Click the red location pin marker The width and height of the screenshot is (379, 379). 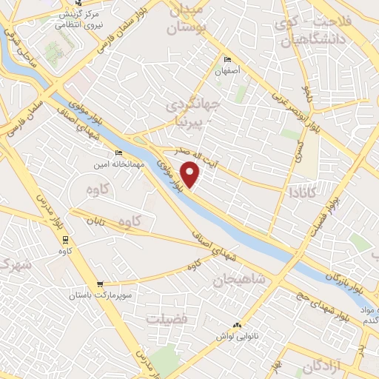click(x=191, y=174)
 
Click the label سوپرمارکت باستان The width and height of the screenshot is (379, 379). click(x=103, y=295)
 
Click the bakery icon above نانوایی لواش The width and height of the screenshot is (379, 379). click(x=238, y=324)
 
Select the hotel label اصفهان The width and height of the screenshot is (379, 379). click(x=229, y=73)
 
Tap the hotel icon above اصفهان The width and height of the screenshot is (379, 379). click(x=227, y=60)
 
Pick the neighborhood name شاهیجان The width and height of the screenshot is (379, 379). click(x=239, y=280)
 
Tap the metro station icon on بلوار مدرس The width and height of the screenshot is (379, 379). click(x=66, y=239)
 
